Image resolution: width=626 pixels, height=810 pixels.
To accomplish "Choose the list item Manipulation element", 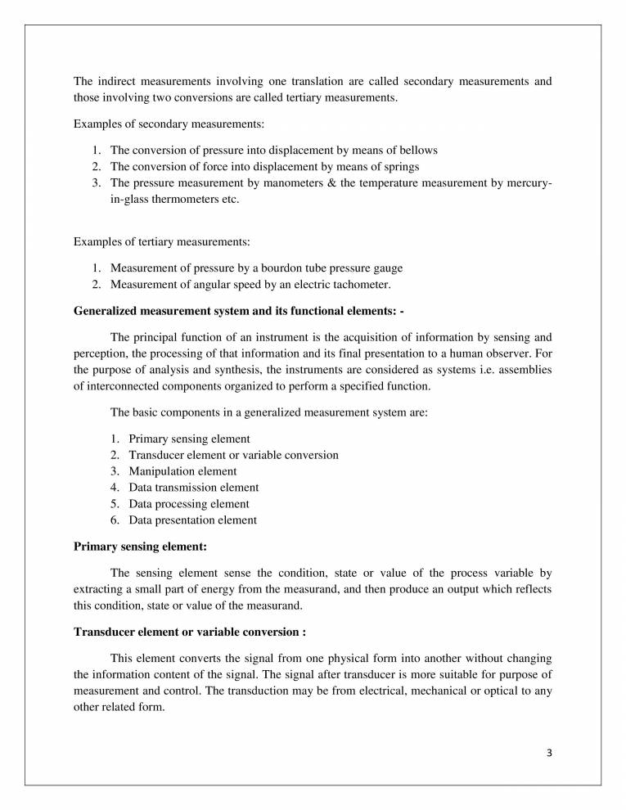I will (x=182, y=471).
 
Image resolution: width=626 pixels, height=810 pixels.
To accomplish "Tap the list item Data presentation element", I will (x=192, y=520).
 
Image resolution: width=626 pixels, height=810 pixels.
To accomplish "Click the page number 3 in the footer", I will (x=550, y=754).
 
